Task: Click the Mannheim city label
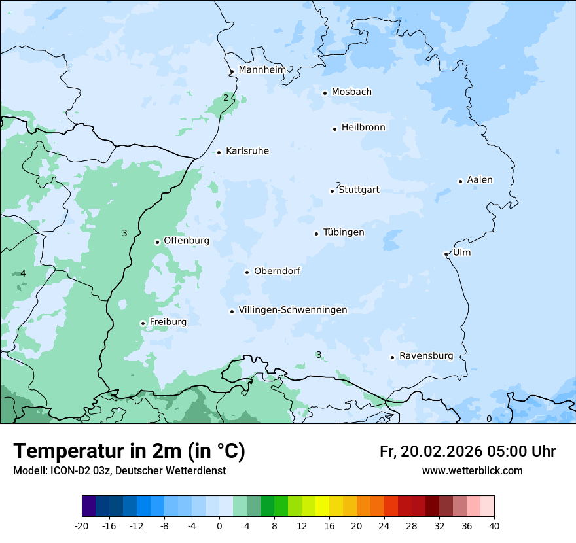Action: [262, 70]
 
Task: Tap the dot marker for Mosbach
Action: [325, 93]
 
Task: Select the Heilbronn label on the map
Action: [363, 128]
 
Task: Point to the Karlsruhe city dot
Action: [219, 152]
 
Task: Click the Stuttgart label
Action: [359, 190]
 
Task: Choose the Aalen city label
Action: [480, 180]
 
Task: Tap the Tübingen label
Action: [344, 232]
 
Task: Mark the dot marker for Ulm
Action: [446, 254]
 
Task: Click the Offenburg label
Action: [187, 241]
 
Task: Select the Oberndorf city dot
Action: [247, 272]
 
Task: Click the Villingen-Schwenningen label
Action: [293, 310]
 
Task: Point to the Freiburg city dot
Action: [143, 323]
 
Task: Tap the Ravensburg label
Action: [426, 356]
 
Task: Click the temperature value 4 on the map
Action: [23, 273]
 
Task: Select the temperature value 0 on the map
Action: [488, 419]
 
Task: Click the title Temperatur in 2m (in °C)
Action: [129, 451]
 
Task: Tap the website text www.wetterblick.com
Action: [472, 471]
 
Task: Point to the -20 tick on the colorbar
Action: [82, 525]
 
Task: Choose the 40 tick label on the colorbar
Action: [494, 525]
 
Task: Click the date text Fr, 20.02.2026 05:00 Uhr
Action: [467, 451]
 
